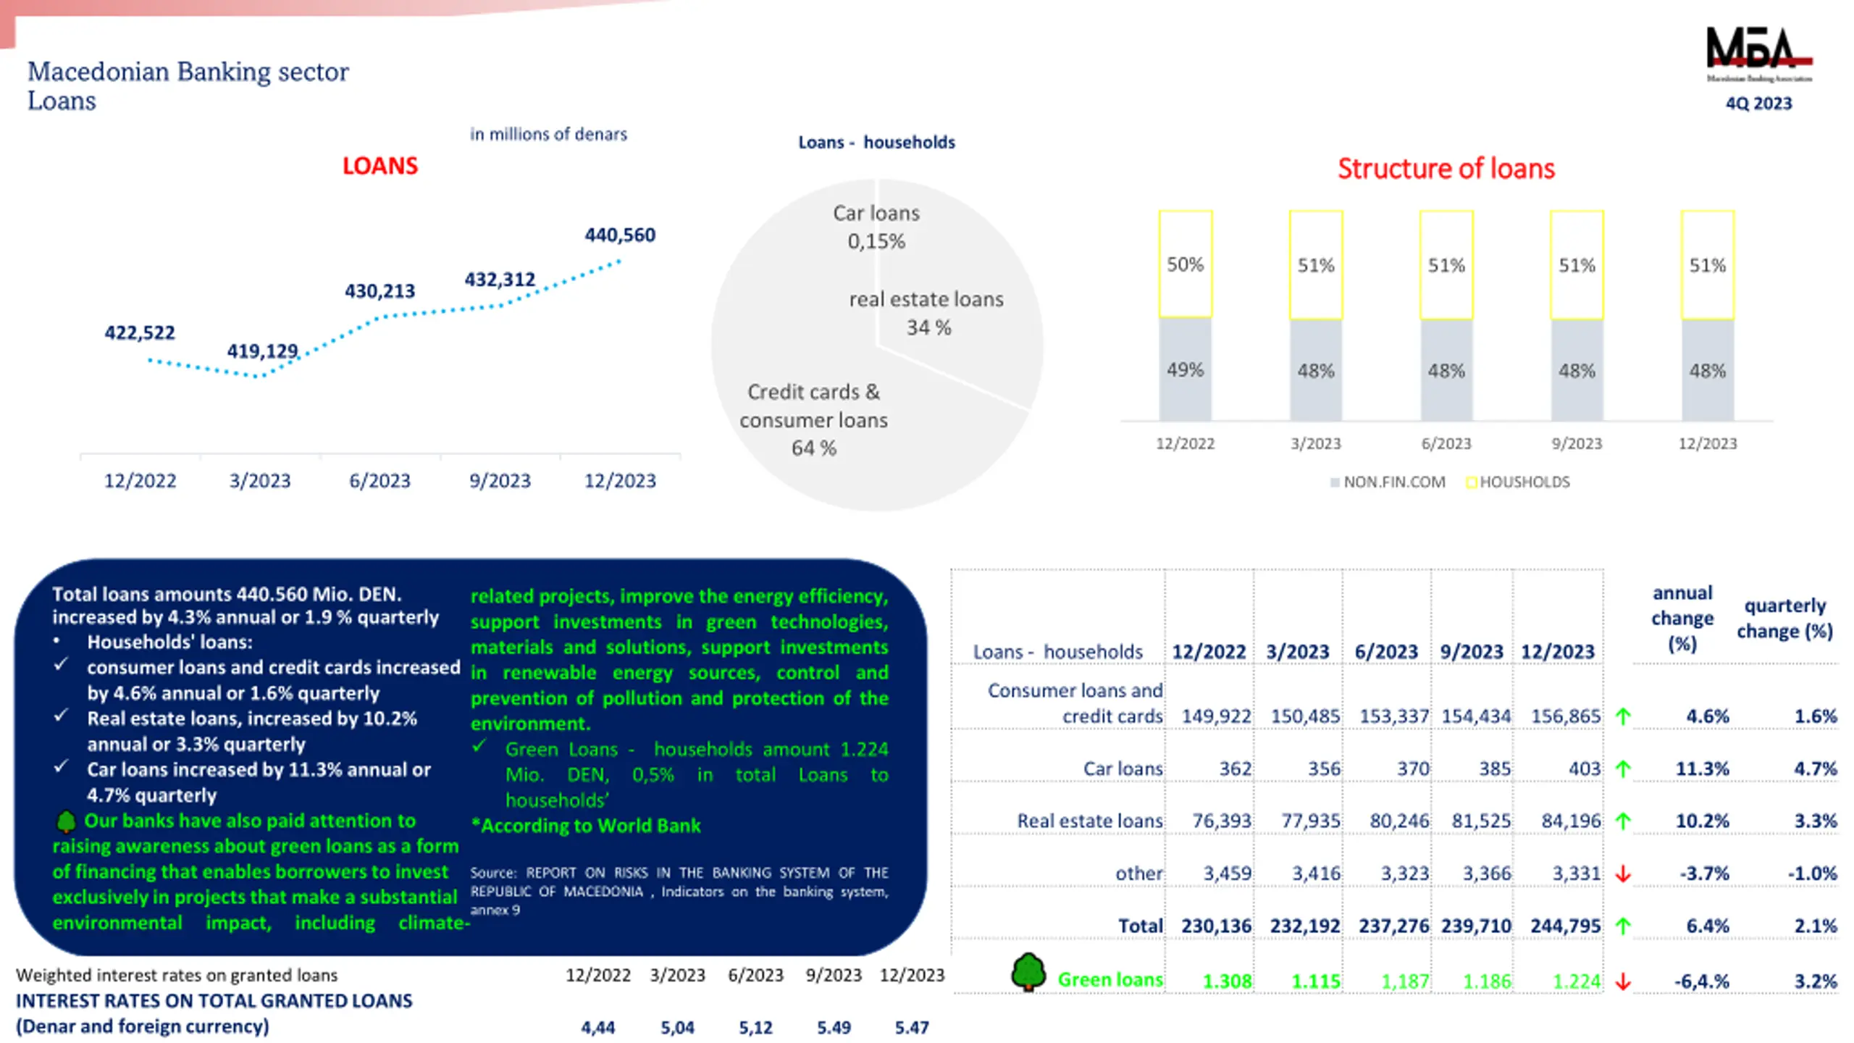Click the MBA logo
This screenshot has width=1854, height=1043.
coord(1758,55)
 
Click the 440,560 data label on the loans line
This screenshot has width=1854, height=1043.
coord(620,235)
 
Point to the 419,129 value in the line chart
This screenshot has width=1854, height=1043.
coord(262,351)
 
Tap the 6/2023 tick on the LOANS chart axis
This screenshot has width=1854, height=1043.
coord(379,481)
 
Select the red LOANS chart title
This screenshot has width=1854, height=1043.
coord(379,166)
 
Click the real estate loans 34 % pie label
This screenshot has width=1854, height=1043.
coord(926,313)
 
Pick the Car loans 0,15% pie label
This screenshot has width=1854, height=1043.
coord(876,227)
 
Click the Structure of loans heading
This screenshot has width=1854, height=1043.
coord(1446,169)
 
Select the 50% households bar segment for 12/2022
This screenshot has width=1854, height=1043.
coord(1185,264)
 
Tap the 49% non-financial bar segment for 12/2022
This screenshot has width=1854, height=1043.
coord(1185,369)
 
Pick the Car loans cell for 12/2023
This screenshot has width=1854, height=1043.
coord(1584,768)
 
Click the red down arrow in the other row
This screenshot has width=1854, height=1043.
coord(1623,874)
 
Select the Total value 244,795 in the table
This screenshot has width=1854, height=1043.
coord(1565,926)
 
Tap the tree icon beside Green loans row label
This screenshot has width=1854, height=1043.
coord(1028,972)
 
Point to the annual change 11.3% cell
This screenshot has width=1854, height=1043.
coord(1702,768)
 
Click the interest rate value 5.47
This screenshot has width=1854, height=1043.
coord(911,1027)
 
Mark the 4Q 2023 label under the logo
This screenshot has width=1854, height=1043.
coord(1758,104)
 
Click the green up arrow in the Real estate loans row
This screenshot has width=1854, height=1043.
coord(1623,821)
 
